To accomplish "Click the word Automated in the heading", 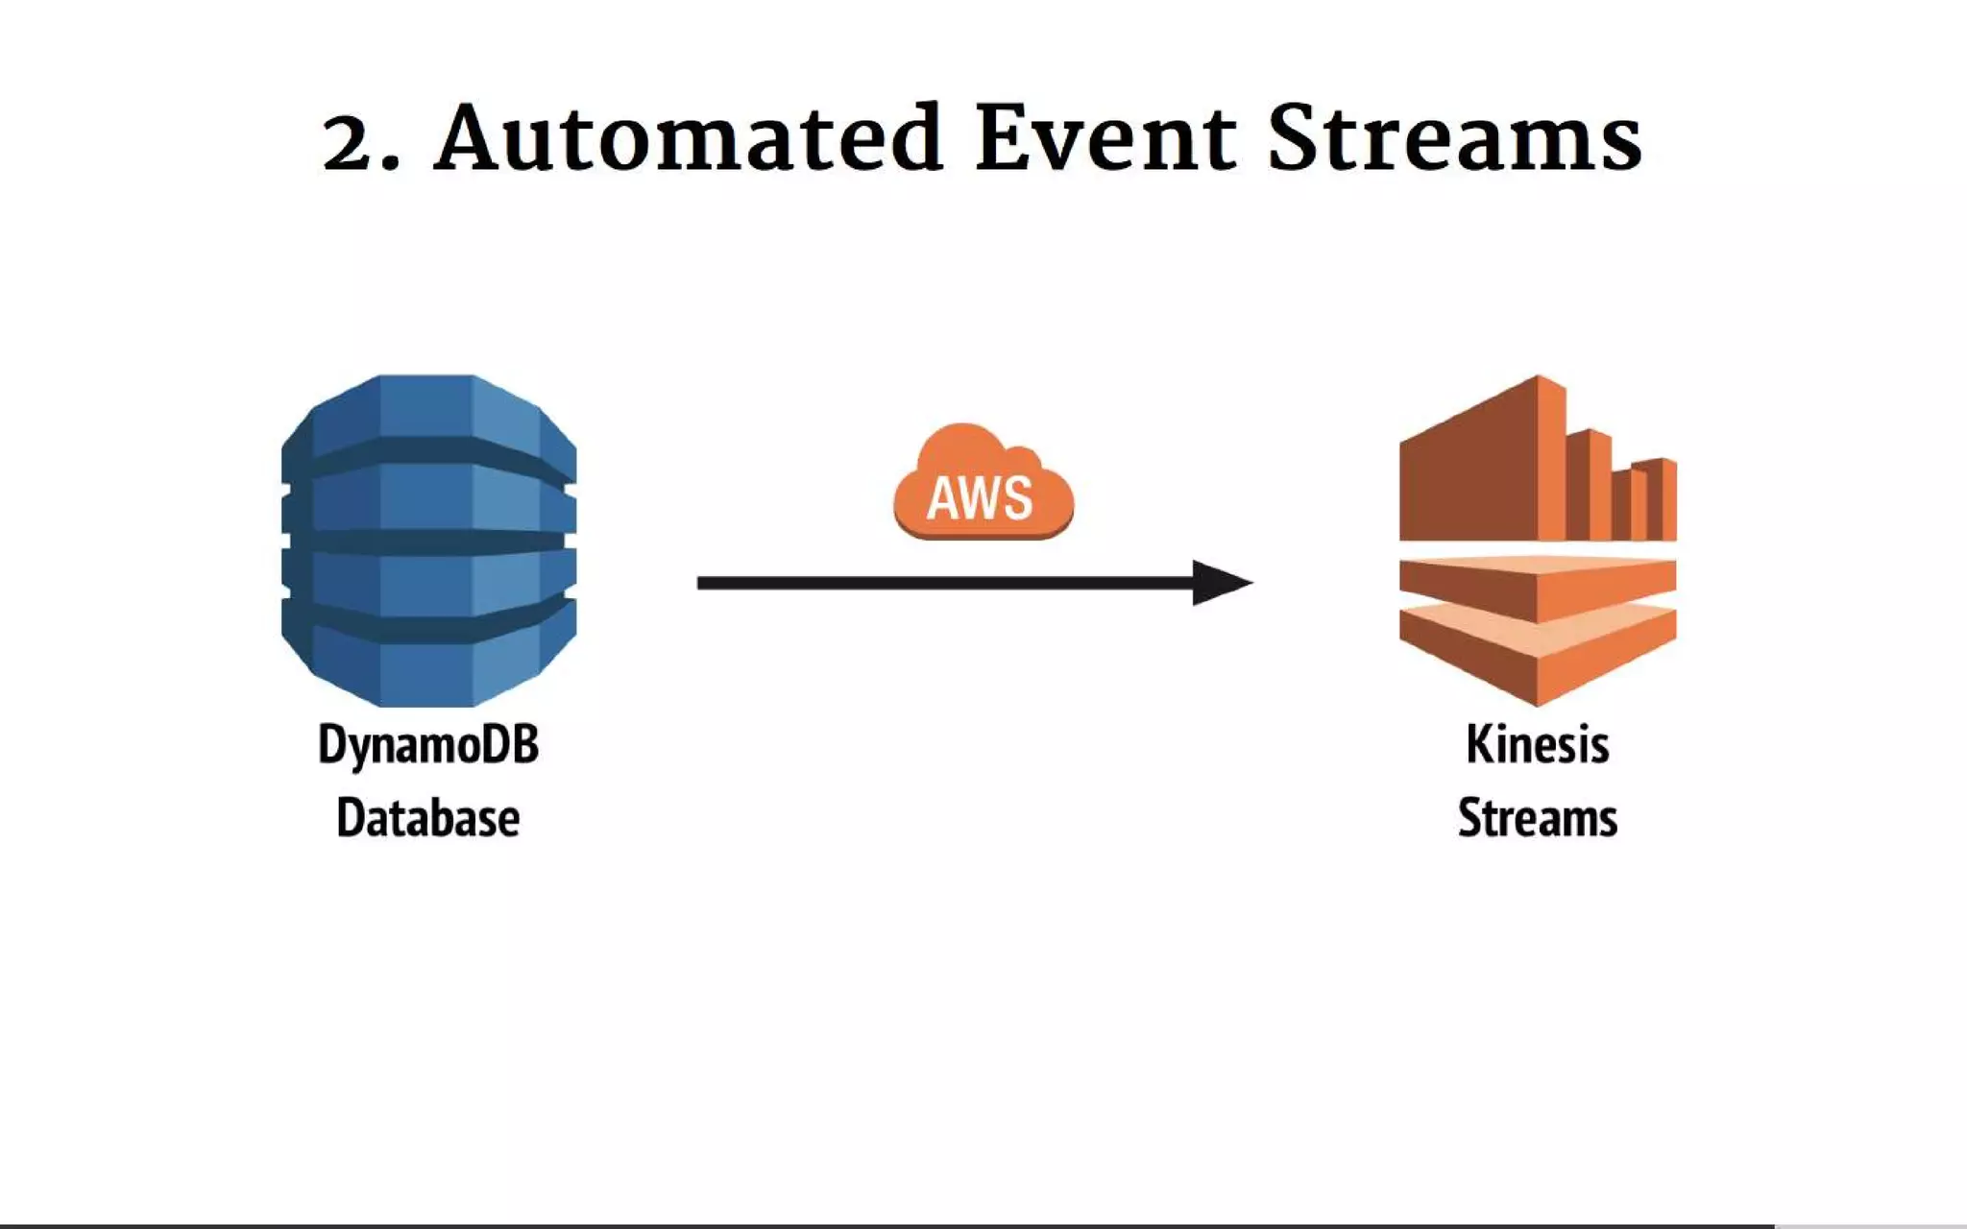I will coord(688,140).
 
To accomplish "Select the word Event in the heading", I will coord(1105,140).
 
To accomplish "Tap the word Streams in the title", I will coord(1454,140).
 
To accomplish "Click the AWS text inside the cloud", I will coord(980,498).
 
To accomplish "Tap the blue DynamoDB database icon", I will coord(428,541).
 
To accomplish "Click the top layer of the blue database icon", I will coord(428,408).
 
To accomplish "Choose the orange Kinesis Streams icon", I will coord(1537,541).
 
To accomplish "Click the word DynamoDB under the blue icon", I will coord(428,745).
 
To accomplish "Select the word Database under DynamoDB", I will coord(428,818).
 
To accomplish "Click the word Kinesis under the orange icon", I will coord(1537,745).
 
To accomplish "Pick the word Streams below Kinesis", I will coord(1537,818).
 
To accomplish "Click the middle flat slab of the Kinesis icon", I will coord(1537,588).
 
